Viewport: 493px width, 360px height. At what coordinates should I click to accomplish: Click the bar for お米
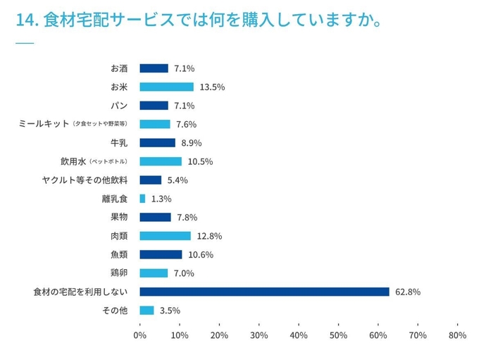click(x=166, y=87)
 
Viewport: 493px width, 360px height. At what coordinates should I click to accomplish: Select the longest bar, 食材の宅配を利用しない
click(x=264, y=292)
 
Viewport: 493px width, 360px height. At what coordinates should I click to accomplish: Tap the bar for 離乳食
click(x=142, y=199)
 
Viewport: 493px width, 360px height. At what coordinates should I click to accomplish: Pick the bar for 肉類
click(x=165, y=236)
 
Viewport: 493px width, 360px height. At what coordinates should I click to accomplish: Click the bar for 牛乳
click(x=157, y=142)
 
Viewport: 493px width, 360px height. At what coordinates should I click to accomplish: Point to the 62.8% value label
click(x=408, y=292)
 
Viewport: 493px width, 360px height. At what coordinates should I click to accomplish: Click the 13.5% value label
click(x=212, y=87)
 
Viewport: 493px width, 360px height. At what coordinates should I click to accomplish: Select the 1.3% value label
click(x=161, y=199)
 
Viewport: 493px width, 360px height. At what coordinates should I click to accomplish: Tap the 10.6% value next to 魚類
click(x=200, y=254)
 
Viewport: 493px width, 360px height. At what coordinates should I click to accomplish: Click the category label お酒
click(x=119, y=68)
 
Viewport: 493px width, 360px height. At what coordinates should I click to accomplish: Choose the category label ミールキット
click(x=44, y=124)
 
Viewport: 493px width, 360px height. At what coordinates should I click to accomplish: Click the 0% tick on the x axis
click(x=139, y=335)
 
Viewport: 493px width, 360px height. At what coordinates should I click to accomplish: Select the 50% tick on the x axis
click(x=338, y=335)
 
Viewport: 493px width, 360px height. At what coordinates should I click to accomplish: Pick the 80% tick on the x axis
click(x=457, y=335)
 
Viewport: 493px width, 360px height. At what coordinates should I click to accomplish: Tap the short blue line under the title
click(x=24, y=43)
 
